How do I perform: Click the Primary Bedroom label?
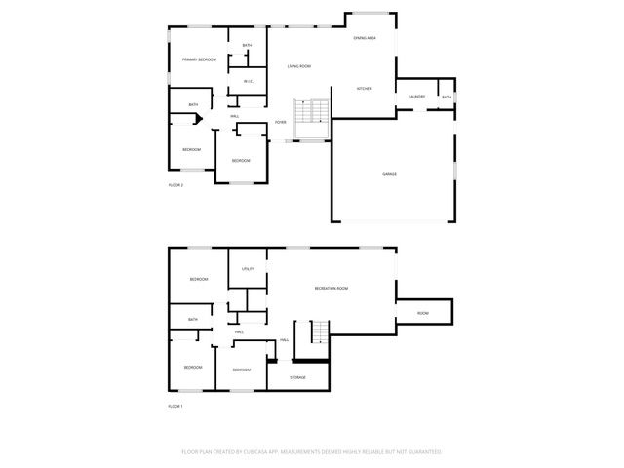(x=199, y=60)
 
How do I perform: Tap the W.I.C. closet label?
(x=248, y=82)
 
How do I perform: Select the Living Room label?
(x=299, y=66)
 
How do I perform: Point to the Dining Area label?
(x=365, y=38)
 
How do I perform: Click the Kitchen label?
(x=364, y=89)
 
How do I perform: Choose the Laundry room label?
(x=416, y=97)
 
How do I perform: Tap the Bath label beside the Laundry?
(x=447, y=97)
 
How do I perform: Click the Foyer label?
(x=281, y=122)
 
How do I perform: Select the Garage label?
(x=389, y=174)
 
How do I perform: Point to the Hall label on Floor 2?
(x=235, y=117)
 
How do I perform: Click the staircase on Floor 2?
(x=314, y=112)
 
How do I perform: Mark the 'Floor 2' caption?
(x=175, y=185)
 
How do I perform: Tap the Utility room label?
(x=248, y=268)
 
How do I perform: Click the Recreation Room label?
(x=331, y=289)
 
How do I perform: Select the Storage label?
(x=297, y=377)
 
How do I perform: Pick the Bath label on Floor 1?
(x=193, y=320)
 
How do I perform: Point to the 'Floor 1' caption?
(x=175, y=406)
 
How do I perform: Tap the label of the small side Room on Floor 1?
(x=422, y=313)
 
